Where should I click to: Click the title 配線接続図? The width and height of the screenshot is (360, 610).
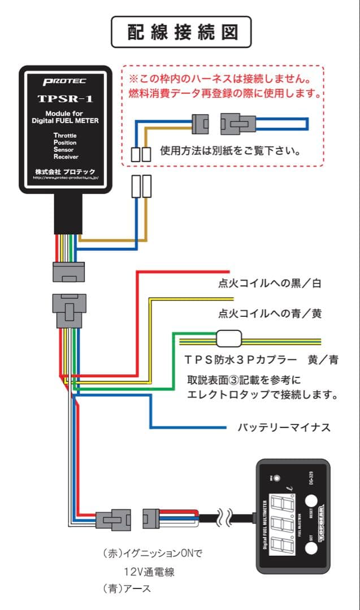[180, 32]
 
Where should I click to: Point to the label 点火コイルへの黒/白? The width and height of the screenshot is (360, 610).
[270, 284]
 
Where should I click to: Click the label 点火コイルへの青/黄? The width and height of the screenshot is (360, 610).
[270, 313]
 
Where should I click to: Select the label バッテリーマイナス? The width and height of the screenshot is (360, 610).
[284, 427]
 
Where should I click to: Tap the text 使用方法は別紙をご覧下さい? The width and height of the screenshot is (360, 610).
[229, 151]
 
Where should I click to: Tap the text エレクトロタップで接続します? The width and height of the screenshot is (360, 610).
[263, 395]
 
